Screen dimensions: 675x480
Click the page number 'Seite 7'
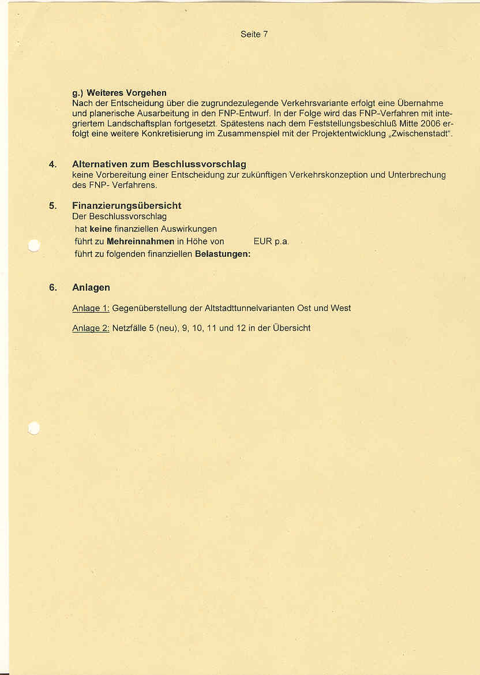pos(254,35)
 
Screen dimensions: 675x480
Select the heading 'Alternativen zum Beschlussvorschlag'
pos(159,165)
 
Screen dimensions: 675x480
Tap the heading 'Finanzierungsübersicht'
pos(127,206)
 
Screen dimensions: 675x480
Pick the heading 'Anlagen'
pos(91,287)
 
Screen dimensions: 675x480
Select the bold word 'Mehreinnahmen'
pos(141,242)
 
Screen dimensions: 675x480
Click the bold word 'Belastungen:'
pos(223,254)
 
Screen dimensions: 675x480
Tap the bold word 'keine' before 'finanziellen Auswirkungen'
pos(101,229)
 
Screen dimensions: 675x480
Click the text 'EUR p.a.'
pos(271,242)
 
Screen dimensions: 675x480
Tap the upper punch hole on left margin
pos(33,246)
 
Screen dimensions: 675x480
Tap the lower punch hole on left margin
pos(33,427)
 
